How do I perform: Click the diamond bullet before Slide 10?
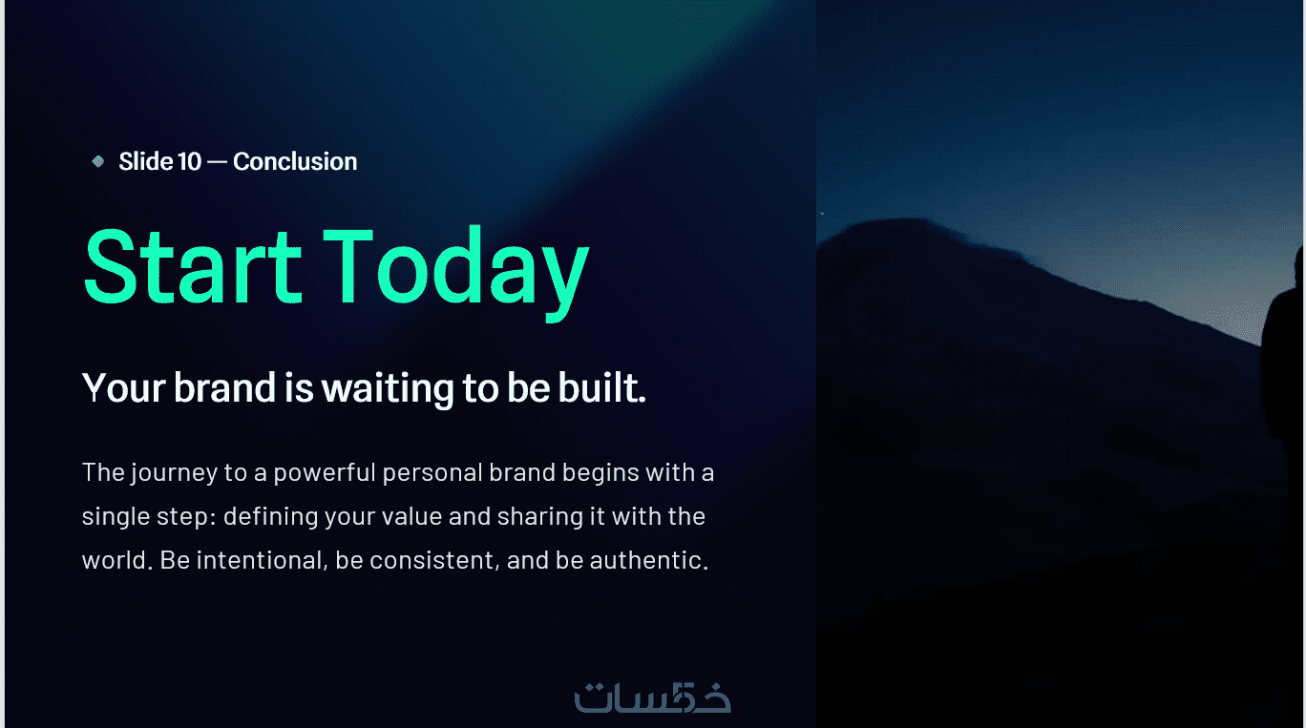pos(98,161)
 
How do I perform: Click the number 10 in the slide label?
pos(189,161)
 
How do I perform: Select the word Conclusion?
pos(295,161)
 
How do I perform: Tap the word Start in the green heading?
pos(193,266)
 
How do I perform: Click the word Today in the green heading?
pos(456,273)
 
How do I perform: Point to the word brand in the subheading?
pos(224,387)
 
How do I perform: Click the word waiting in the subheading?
pos(388,389)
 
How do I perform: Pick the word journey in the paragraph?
pos(174,473)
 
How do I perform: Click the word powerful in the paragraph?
pos(325,472)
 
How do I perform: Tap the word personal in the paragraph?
pos(432,472)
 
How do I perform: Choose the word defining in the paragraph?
pos(270,517)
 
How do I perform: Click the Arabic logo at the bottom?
pos(652,697)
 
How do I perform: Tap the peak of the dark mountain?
pos(907,219)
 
